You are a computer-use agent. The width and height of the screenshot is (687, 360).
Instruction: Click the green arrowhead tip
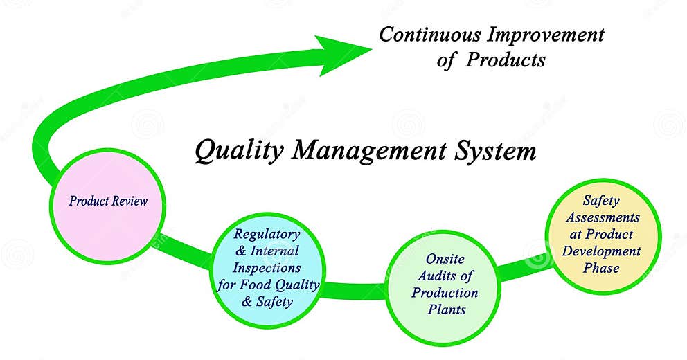(372, 49)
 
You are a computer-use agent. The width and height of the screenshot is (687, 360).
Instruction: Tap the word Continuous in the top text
(430, 35)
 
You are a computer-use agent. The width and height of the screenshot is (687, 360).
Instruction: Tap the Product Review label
(108, 201)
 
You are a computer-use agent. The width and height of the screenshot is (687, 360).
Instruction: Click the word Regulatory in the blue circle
(267, 234)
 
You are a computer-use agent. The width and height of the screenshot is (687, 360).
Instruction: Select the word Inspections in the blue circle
(267, 268)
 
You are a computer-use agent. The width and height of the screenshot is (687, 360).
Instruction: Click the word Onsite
(445, 259)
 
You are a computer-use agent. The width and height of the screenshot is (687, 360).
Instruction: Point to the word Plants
(447, 309)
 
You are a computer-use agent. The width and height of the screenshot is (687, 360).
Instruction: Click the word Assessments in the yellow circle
(603, 217)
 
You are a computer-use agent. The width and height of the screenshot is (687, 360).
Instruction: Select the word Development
(601, 251)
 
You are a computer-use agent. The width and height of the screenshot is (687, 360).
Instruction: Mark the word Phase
(601, 268)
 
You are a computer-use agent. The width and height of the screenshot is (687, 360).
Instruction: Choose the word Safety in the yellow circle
(601, 201)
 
